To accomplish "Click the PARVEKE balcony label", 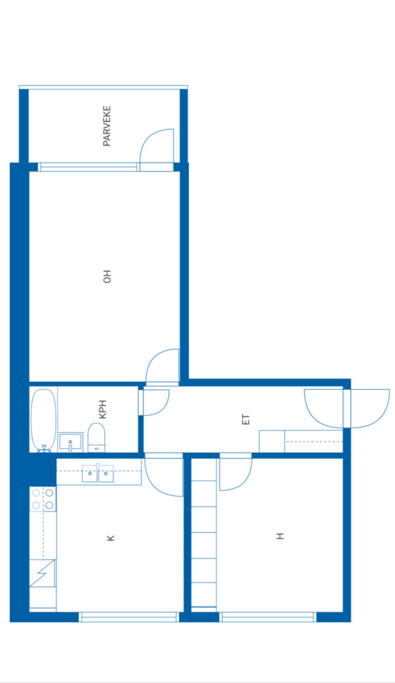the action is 107,126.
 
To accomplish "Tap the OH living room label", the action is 107,277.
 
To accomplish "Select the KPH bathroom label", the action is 103,409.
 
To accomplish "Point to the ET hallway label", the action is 246,419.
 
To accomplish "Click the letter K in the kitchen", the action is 111,538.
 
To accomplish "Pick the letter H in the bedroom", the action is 280,536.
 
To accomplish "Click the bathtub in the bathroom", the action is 44,420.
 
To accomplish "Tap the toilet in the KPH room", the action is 96,437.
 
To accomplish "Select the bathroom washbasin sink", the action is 70,442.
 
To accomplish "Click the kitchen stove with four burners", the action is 43,499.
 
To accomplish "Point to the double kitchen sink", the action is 98,473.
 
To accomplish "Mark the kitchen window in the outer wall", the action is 129,617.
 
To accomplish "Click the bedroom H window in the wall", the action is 268,617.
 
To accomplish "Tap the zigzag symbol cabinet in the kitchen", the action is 42,573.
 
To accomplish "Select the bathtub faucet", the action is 44,449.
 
